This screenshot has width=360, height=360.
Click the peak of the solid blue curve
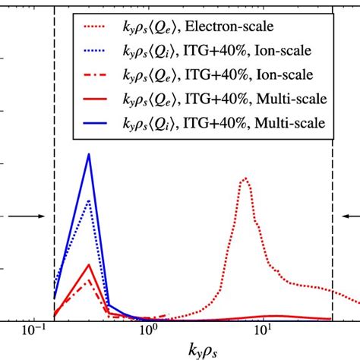click(x=89, y=154)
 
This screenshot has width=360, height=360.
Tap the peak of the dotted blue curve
click(x=89, y=200)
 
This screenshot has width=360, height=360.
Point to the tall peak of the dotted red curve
click(x=245, y=178)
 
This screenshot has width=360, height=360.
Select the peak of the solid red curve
click(x=89, y=264)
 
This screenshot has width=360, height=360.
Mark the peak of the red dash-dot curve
click(x=89, y=279)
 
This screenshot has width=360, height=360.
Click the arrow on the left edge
click(x=27, y=216)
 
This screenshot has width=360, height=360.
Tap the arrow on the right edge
click(x=347, y=216)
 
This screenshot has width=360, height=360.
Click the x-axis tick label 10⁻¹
click(x=33, y=332)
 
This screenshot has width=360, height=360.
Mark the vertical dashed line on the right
click(x=333, y=190)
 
